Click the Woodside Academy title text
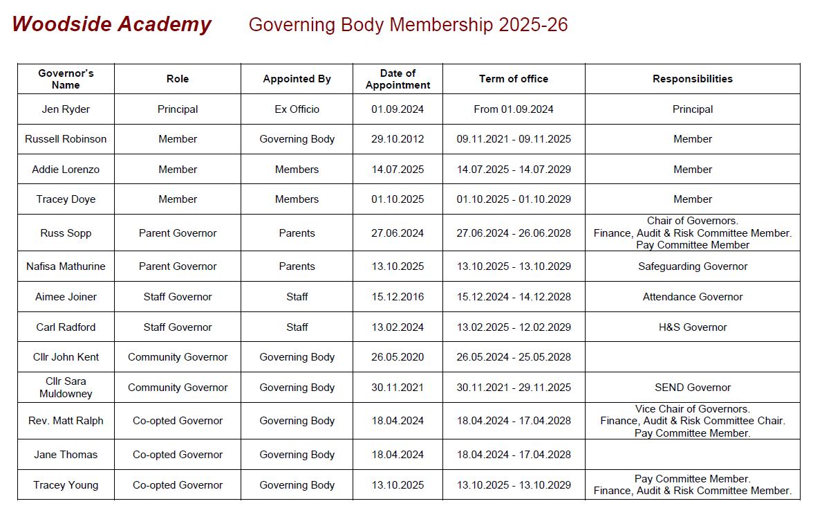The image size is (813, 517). point(111,24)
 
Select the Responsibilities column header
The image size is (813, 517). point(692,79)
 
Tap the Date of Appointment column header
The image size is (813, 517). point(398,79)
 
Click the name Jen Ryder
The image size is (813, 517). point(66,109)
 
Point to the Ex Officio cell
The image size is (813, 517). point(297,109)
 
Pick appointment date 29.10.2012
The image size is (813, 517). point(398,139)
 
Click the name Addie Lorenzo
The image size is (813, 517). point(66,170)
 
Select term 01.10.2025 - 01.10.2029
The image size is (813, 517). point(514,199)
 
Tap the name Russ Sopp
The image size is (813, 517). point(66,233)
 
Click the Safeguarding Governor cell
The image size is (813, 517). point(692,266)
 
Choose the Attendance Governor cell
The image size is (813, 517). point(692,297)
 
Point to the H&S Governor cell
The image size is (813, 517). point(692,327)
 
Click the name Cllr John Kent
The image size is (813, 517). point(66,357)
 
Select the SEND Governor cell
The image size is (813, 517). point(692,388)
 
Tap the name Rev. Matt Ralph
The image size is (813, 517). point(66,421)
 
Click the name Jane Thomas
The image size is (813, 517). point(66,455)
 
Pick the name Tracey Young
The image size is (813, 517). point(66,485)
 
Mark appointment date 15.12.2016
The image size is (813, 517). point(398,297)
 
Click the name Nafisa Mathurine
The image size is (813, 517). point(66,266)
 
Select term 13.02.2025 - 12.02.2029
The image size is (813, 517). point(514,327)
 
